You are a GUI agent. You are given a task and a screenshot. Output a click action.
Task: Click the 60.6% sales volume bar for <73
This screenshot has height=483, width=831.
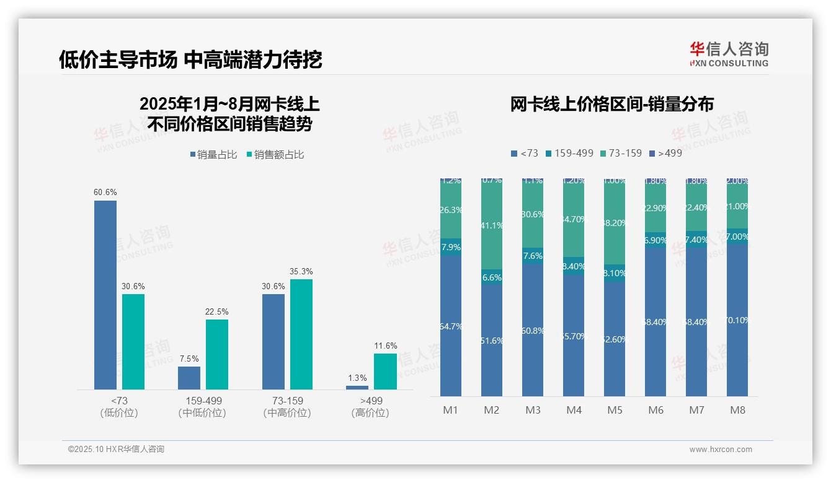[105, 295]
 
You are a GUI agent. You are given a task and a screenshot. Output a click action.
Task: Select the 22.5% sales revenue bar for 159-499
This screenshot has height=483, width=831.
[217, 354]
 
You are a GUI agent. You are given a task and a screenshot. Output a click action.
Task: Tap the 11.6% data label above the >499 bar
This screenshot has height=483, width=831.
[385, 346]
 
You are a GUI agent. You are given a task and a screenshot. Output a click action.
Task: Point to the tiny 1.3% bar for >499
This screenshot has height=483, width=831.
[357, 388]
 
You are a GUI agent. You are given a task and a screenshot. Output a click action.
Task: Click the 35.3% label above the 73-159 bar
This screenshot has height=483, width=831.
[301, 271]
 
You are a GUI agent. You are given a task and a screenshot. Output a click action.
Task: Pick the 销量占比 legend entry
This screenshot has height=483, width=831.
[214, 155]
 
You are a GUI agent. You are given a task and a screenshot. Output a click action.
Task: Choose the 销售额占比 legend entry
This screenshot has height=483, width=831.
[275, 155]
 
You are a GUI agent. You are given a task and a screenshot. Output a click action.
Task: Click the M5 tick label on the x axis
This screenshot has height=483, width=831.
[615, 410]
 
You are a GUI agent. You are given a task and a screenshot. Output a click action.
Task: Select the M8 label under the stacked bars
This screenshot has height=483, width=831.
[737, 410]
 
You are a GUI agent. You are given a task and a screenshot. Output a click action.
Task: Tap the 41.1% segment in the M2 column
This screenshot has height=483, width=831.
[492, 226]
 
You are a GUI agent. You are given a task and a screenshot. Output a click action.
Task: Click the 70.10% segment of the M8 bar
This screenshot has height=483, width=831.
[737, 320]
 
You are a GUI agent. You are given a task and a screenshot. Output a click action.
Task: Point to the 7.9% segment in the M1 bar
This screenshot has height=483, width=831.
[451, 247]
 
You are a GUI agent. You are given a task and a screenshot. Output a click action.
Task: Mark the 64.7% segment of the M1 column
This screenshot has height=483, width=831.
[451, 326]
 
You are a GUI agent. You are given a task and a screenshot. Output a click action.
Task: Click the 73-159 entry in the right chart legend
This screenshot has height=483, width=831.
[621, 153]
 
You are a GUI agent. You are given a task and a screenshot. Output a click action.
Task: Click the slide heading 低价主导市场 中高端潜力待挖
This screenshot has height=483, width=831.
[190, 59]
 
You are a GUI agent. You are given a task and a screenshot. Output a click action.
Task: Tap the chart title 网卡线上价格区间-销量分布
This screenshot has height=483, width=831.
[611, 104]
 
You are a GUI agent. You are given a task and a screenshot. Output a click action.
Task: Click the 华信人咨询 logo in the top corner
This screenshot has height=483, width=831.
[729, 54]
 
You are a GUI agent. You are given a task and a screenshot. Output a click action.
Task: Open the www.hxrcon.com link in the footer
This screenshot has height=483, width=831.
[721, 450]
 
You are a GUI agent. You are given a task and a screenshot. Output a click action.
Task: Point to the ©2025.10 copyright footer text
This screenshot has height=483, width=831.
[116, 450]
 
